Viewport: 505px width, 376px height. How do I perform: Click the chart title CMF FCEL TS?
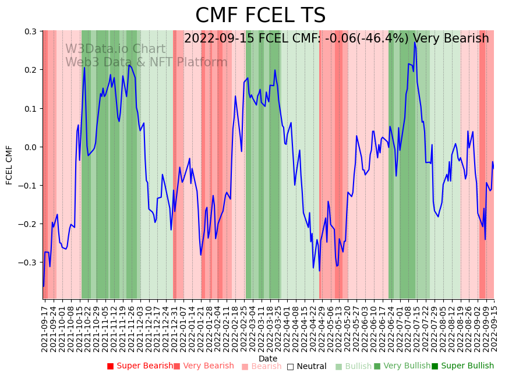[x=260, y=16]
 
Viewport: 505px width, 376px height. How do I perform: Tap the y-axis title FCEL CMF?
[x=9, y=165]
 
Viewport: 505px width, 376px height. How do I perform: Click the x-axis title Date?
[x=268, y=359]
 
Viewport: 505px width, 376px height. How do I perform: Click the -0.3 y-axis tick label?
[x=28, y=263]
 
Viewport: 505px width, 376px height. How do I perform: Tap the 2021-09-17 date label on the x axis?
[x=45, y=326]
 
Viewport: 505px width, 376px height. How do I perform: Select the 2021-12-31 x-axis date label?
[x=174, y=326]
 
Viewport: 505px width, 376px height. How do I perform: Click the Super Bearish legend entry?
[x=140, y=366]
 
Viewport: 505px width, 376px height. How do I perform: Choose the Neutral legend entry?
[x=306, y=367]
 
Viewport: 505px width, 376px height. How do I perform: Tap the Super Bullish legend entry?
[x=462, y=366]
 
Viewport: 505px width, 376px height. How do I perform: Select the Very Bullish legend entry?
[x=402, y=366]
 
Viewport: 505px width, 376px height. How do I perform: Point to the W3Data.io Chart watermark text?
[x=115, y=49]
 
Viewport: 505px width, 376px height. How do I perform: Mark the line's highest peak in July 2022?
[x=415, y=42]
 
